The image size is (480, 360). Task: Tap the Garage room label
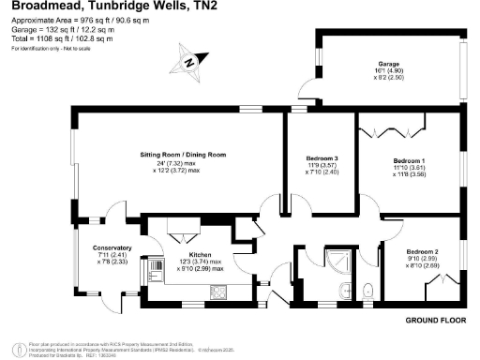tap(391, 65)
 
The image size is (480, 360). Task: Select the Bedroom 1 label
tap(409, 160)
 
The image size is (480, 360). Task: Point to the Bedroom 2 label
tap(423, 251)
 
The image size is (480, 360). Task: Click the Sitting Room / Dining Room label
tap(177, 153)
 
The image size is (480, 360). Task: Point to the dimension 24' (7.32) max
tap(177, 162)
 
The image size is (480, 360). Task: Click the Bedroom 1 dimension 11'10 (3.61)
tap(409, 168)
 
